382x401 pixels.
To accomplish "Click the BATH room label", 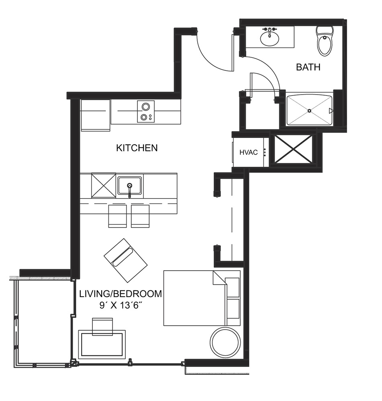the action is click(x=308, y=67).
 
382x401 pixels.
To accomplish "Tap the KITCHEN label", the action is click(x=137, y=148).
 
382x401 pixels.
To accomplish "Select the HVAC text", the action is click(x=249, y=152).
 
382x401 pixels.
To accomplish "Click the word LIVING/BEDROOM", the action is click(x=121, y=294).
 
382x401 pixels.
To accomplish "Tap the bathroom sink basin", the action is click(x=270, y=38).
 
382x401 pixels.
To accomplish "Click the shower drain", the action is click(x=309, y=111).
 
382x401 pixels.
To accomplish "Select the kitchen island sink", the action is click(x=130, y=185).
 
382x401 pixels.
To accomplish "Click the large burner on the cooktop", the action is click(x=146, y=106).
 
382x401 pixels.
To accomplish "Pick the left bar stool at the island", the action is click(x=117, y=216).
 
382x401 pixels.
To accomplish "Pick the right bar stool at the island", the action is click(x=140, y=216).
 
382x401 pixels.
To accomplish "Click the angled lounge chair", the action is click(x=126, y=260).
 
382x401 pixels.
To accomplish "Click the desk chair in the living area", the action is click(x=102, y=326).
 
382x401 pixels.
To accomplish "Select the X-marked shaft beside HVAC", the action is click(x=293, y=149).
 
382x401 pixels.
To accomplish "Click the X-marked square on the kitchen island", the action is click(x=104, y=185).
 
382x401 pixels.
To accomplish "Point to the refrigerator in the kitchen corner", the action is click(x=96, y=115).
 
